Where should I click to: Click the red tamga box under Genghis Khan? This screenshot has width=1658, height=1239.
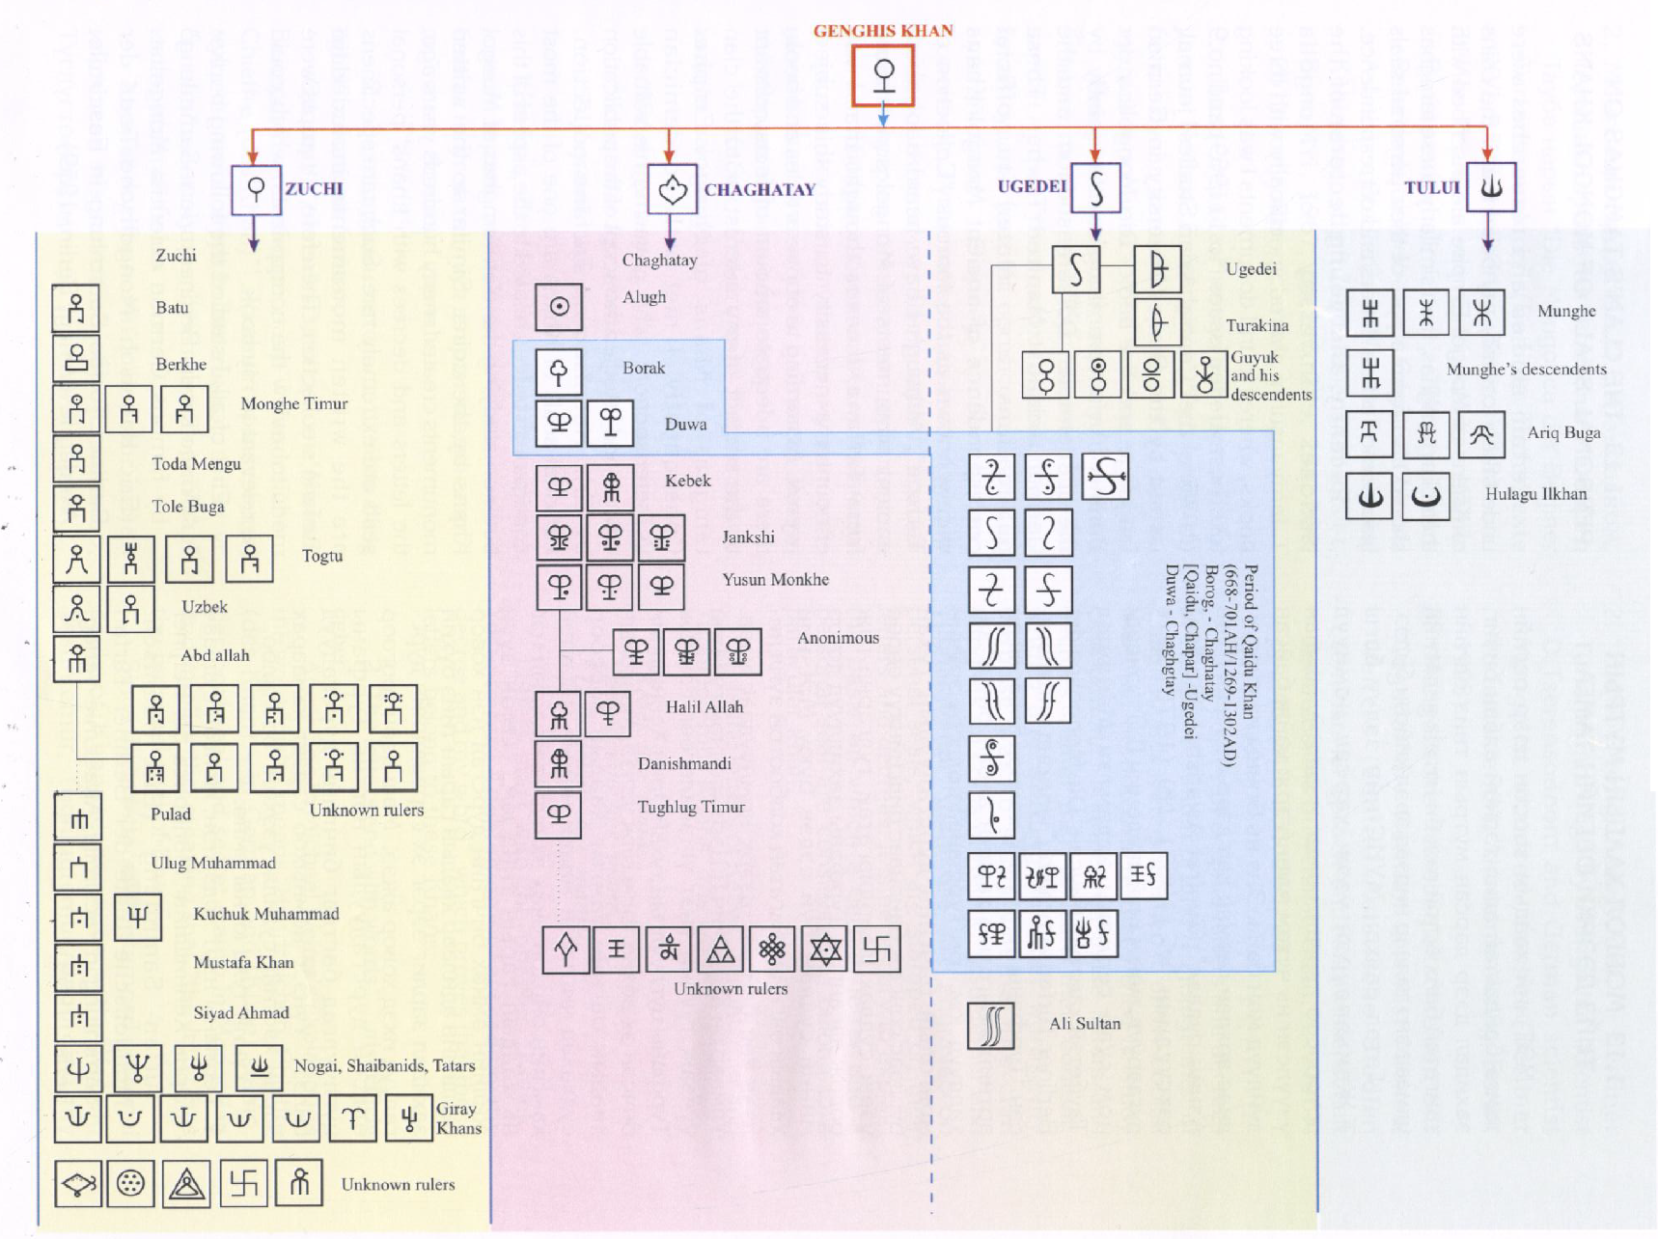pyautogui.click(x=882, y=75)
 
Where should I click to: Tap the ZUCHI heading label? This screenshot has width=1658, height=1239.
pyautogui.click(x=314, y=188)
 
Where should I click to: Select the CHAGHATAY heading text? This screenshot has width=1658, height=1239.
pyautogui.click(x=760, y=190)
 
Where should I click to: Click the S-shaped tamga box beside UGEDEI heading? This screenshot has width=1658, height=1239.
pyautogui.click(x=1095, y=187)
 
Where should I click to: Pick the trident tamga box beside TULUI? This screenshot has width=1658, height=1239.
pyautogui.click(x=1491, y=186)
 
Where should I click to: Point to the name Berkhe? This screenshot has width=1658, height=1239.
pyautogui.click(x=180, y=364)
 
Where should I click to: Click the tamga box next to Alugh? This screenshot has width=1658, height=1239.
pyautogui.click(x=559, y=307)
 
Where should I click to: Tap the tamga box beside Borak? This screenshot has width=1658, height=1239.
pyautogui.click(x=559, y=372)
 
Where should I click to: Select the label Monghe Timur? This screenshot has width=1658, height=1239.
pyautogui.click(x=293, y=403)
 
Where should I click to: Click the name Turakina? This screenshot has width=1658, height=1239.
pyautogui.click(x=1257, y=325)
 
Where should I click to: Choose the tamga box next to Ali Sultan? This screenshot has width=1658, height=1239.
pyautogui.click(x=991, y=1025)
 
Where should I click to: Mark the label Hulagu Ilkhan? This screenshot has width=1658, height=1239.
pyautogui.click(x=1535, y=494)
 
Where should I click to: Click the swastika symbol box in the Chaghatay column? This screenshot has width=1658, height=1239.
pyautogui.click(x=876, y=950)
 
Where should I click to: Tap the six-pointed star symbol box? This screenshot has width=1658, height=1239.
pyautogui.click(x=825, y=950)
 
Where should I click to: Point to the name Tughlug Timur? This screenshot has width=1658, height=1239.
pyautogui.click(x=691, y=807)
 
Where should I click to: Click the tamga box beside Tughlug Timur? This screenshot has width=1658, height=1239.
pyautogui.click(x=559, y=814)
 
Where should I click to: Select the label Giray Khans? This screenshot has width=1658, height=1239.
pyautogui.click(x=458, y=1118)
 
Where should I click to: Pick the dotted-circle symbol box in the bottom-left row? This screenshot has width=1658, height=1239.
pyautogui.click(x=130, y=1183)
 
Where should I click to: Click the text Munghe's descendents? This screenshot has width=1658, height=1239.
pyautogui.click(x=1526, y=369)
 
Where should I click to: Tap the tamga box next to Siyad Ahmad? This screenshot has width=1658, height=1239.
pyautogui.click(x=78, y=1016)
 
